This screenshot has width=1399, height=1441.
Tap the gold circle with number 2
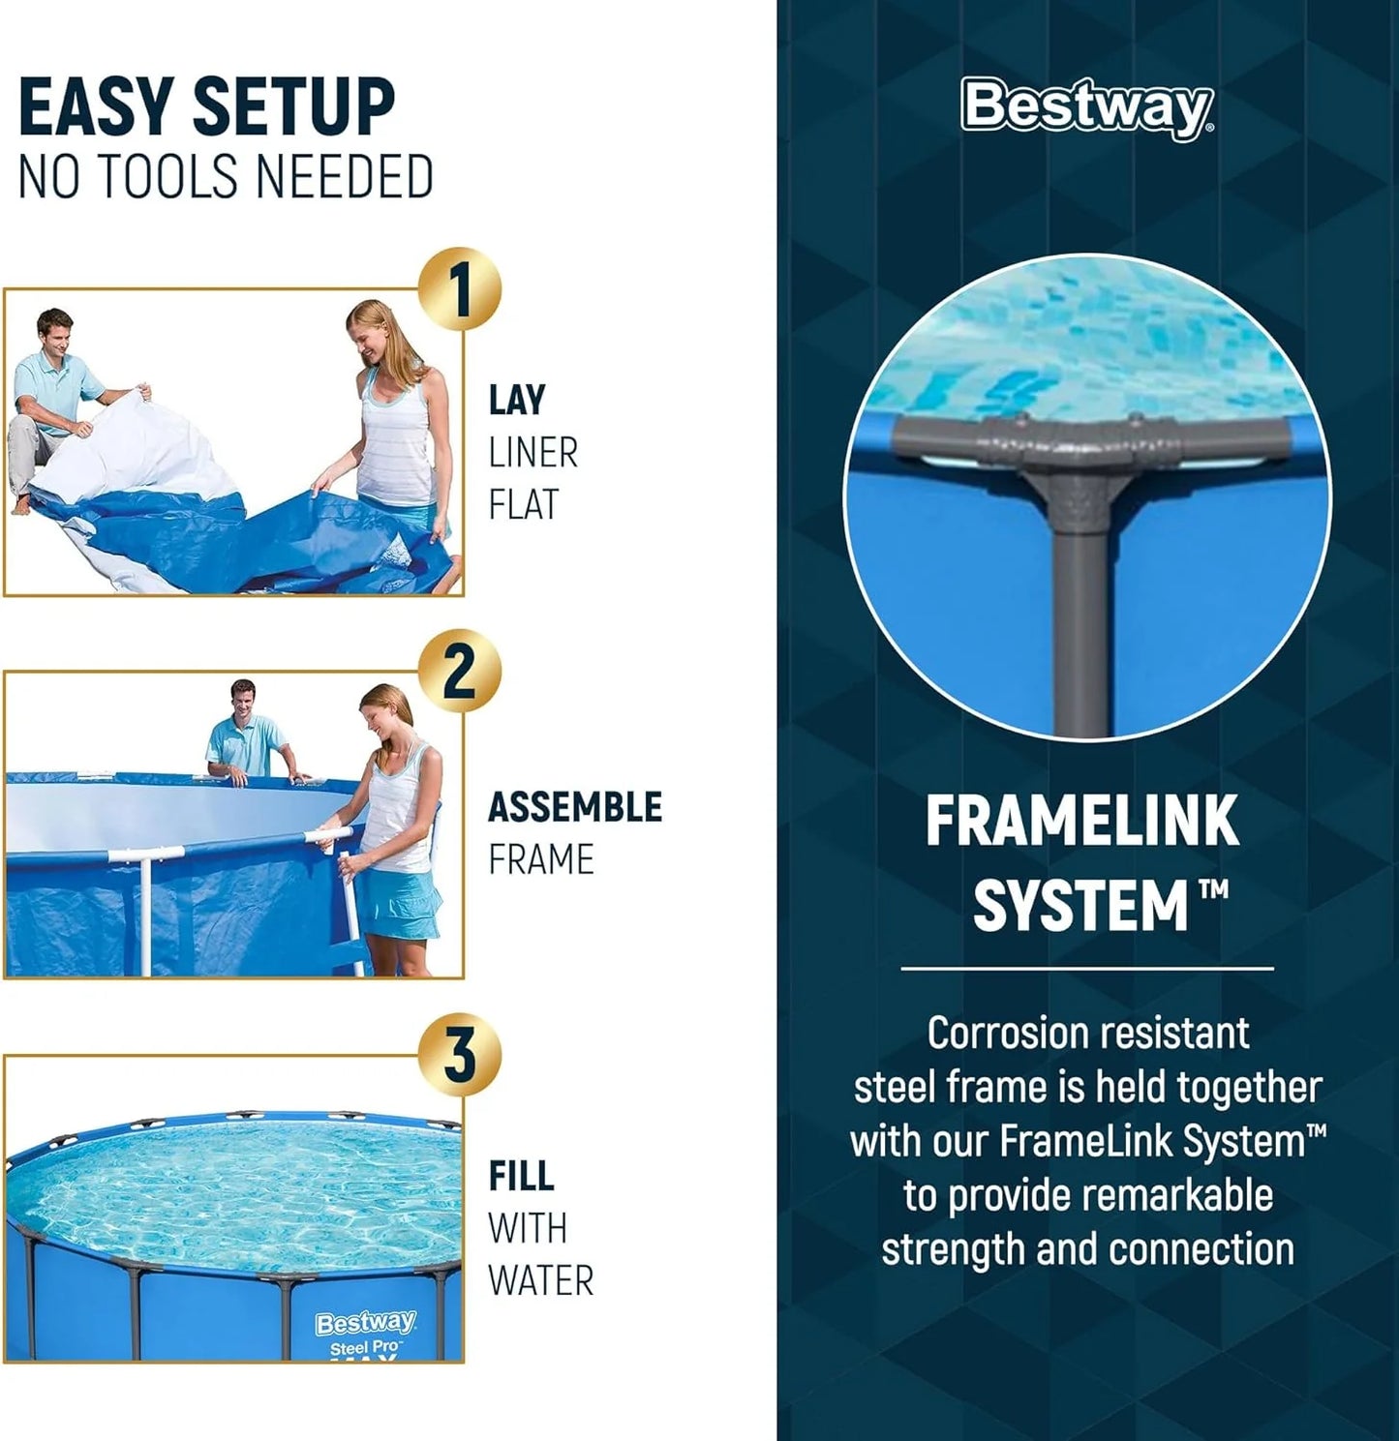pyautogui.click(x=460, y=672)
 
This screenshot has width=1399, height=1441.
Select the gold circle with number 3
pyautogui.click(x=460, y=1055)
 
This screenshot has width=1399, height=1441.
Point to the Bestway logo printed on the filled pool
pyautogui.click(x=365, y=1323)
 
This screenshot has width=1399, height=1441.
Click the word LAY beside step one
pyautogui.click(x=517, y=401)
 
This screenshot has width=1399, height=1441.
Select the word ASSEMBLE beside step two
pyautogui.click(x=574, y=807)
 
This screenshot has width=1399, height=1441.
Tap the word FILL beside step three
pyautogui.click(x=521, y=1177)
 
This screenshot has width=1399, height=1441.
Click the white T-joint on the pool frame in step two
pyautogui.click(x=145, y=856)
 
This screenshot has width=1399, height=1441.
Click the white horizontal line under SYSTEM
pyautogui.click(x=1086, y=968)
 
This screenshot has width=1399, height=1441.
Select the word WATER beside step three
pyautogui.click(x=540, y=1281)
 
